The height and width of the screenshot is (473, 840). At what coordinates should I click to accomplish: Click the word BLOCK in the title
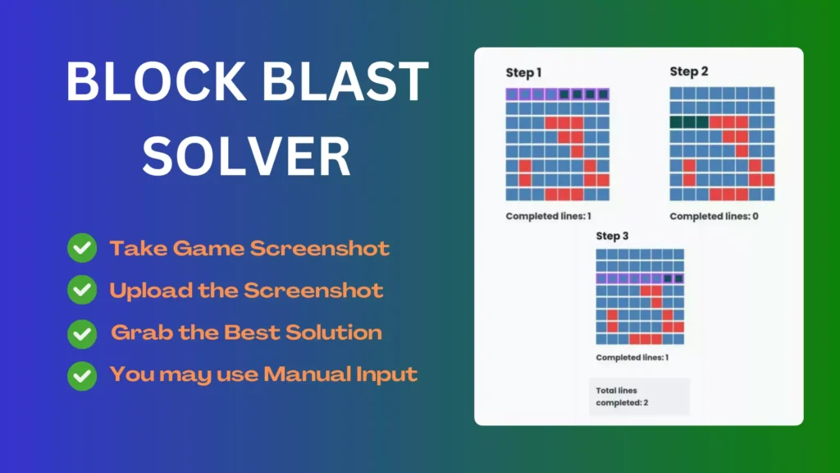click(156, 81)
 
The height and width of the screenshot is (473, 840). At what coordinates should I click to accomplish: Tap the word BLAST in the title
click(345, 81)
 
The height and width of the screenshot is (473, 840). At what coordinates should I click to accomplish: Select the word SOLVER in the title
click(246, 156)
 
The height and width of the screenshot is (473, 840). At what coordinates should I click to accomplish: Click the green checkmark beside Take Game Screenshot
click(82, 248)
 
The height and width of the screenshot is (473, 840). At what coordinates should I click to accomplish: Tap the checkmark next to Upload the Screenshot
click(82, 290)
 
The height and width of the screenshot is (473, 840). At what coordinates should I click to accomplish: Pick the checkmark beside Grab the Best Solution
click(82, 333)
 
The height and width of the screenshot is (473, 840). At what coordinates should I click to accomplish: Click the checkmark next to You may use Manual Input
click(82, 375)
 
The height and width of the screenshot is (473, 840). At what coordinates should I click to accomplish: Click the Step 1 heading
click(523, 72)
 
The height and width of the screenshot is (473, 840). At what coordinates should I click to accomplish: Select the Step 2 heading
click(689, 71)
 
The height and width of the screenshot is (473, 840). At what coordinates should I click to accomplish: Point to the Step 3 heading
click(612, 236)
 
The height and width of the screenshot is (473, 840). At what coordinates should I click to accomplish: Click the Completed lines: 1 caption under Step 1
click(549, 216)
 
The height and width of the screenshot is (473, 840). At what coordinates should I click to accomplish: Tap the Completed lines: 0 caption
click(714, 216)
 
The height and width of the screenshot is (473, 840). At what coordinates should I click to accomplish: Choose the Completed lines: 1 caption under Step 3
click(632, 357)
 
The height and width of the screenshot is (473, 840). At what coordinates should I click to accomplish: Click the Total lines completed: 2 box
click(639, 397)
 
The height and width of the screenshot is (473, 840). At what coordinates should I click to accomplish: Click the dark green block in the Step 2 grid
click(689, 122)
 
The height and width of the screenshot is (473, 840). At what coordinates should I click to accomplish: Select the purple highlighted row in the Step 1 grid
click(558, 94)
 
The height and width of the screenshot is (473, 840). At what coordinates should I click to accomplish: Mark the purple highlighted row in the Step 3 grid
click(640, 278)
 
